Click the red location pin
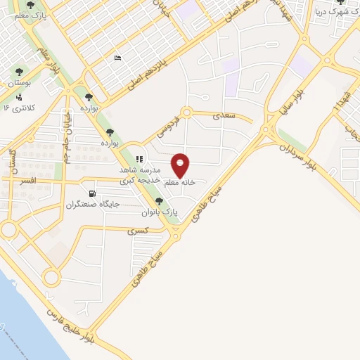181,165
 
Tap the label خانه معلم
181,183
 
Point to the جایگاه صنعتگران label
93,205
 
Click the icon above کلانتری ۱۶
19,97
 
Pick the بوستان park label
20,83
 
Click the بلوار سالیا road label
292,103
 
